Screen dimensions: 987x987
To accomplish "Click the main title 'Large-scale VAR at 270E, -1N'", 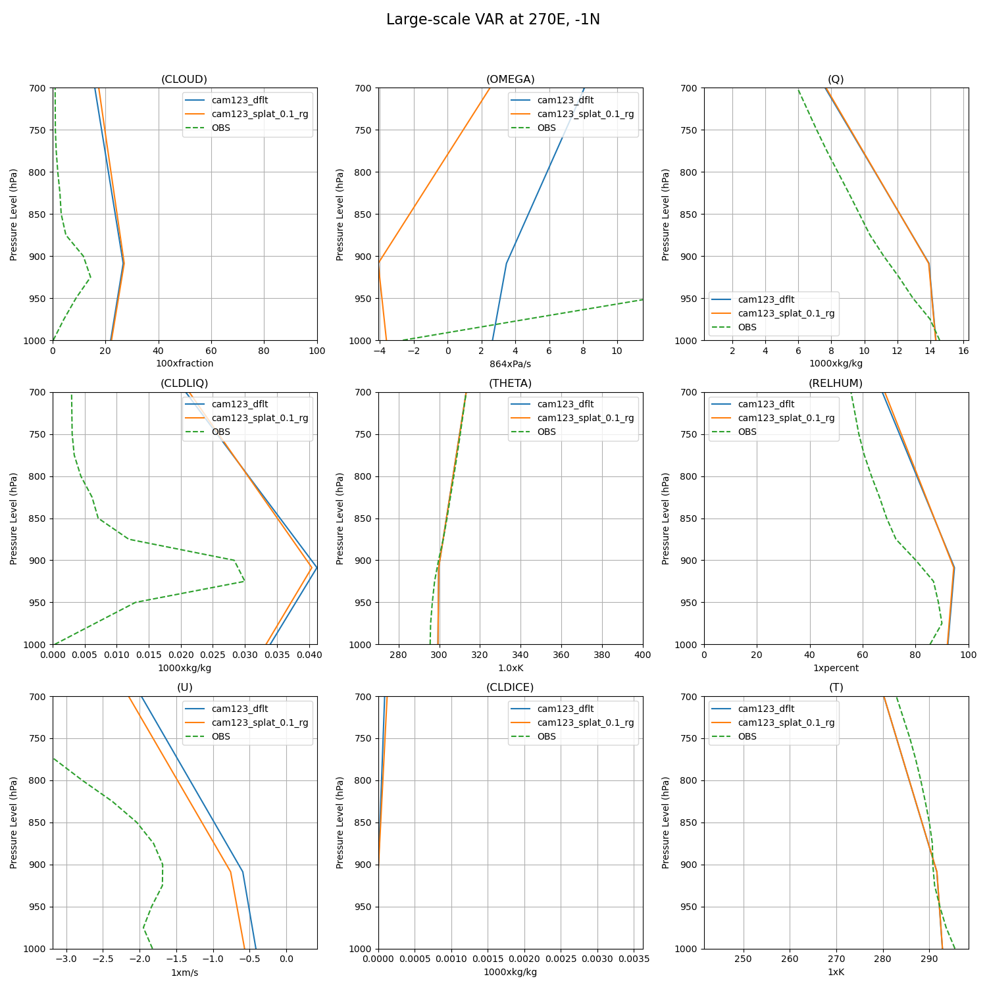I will click(493, 20).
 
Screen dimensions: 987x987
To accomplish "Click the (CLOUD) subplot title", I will click(184, 80).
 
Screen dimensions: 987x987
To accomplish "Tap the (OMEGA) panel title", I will click(510, 80).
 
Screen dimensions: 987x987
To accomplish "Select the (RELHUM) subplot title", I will click(836, 384).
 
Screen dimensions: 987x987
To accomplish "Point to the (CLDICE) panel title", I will click(510, 688).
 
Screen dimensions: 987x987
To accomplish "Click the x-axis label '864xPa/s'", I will click(510, 364).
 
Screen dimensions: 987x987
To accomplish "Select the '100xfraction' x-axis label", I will click(184, 364).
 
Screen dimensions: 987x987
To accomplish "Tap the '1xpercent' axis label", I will click(836, 668).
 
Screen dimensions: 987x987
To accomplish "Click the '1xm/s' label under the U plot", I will click(184, 973).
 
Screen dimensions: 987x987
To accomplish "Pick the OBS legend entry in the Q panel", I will click(747, 327).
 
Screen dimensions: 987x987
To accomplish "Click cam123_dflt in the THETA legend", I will click(565, 405).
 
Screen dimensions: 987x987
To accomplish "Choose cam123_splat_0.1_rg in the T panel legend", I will click(786, 722).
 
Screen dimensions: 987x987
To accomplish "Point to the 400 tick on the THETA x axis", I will click(642, 655).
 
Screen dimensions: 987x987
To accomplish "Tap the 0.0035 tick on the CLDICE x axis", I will click(634, 959).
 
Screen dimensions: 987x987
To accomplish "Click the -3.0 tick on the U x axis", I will click(66, 959).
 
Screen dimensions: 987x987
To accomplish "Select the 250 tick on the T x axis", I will click(744, 959).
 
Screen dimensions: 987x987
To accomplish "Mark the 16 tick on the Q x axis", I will click(963, 351).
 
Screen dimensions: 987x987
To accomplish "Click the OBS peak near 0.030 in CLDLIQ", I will click(244, 581).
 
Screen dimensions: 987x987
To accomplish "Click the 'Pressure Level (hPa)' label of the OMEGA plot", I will click(340, 215).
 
